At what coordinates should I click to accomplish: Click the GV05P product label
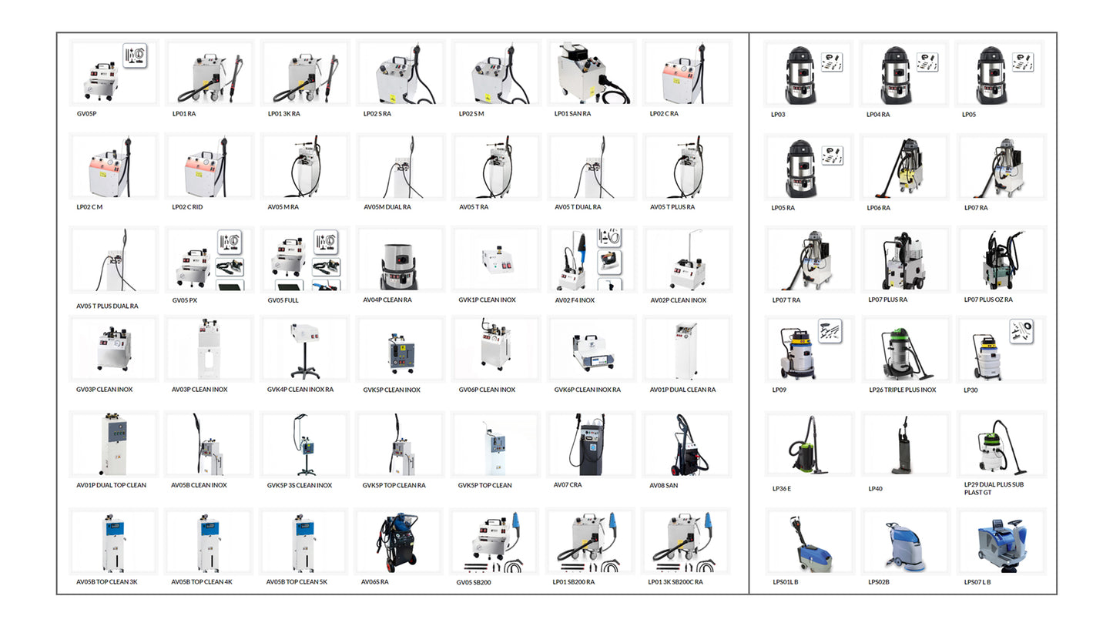click(x=86, y=114)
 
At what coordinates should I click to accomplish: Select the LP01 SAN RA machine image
click(x=592, y=73)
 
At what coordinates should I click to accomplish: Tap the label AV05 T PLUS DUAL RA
click(x=107, y=306)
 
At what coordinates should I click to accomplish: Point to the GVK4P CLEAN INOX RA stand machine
click(x=305, y=350)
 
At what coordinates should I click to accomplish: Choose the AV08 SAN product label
click(x=663, y=485)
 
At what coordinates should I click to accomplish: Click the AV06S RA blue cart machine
click(x=397, y=542)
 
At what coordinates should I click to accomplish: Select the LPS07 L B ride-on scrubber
click(x=1000, y=544)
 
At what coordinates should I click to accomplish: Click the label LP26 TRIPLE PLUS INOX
click(x=902, y=390)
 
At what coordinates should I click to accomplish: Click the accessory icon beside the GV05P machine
click(x=135, y=55)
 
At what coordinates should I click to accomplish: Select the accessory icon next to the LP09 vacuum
click(x=830, y=331)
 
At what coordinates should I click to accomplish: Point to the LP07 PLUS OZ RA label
click(x=988, y=300)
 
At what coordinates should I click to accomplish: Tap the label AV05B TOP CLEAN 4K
click(x=202, y=582)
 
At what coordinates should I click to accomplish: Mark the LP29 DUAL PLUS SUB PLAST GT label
click(x=994, y=488)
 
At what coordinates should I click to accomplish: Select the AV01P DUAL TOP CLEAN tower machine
click(x=114, y=444)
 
